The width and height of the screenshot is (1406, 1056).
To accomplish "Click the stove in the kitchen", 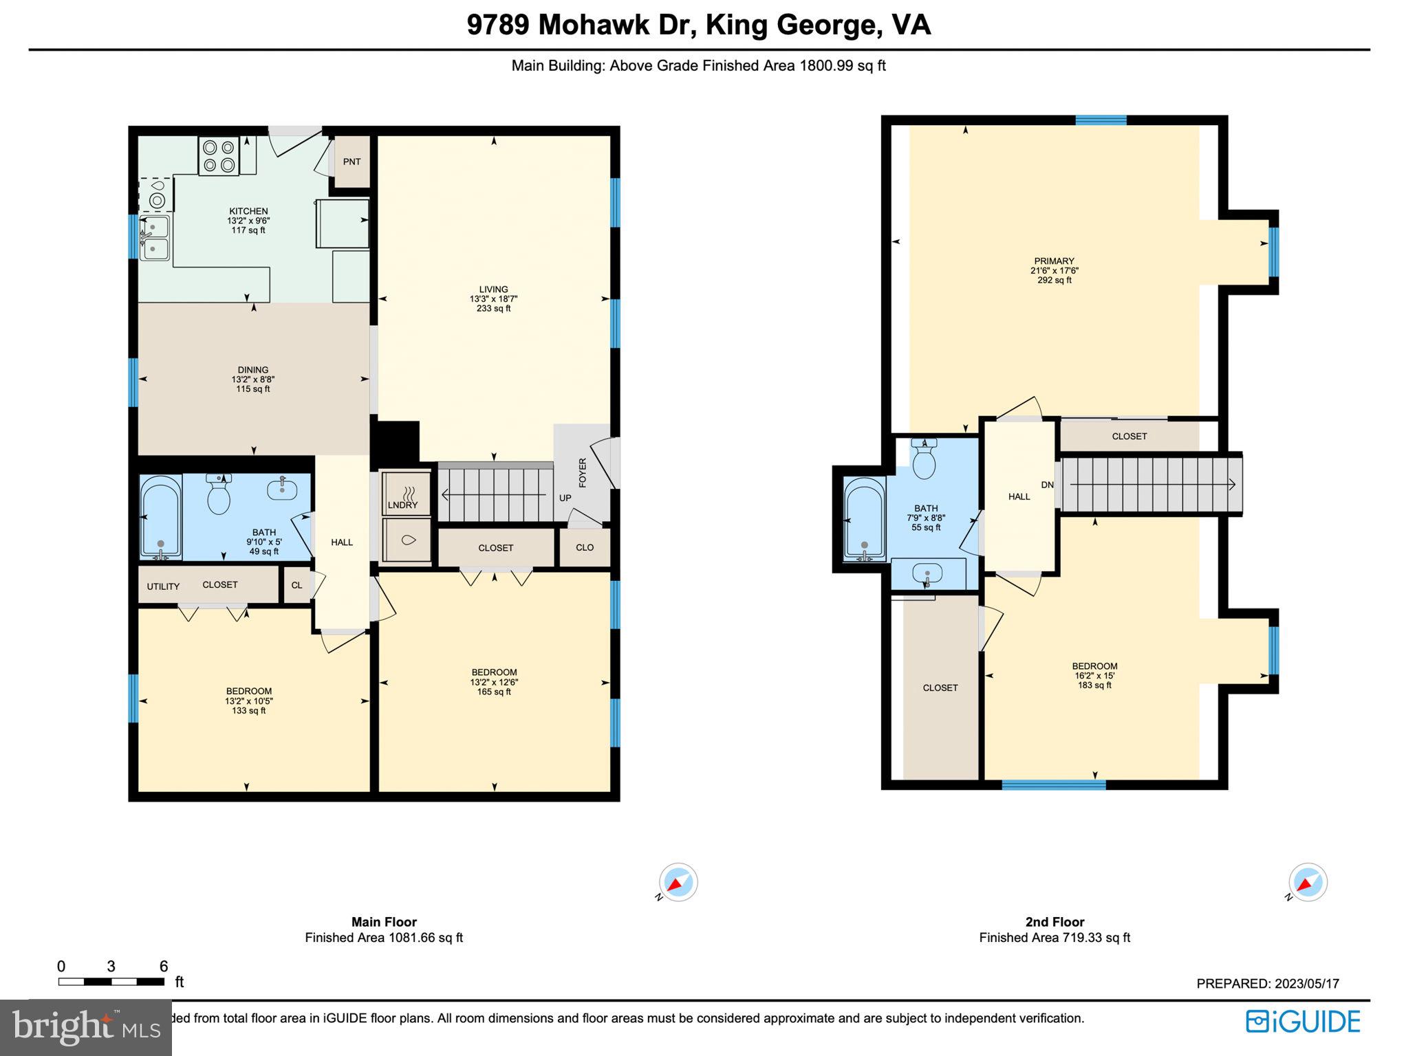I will point(219,156).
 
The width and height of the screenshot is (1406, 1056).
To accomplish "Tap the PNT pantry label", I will point(351,162).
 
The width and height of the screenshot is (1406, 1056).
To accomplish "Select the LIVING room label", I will point(493,289).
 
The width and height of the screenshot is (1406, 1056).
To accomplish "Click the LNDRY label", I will point(402,505).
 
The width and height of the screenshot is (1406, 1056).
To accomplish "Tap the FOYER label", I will point(583,473).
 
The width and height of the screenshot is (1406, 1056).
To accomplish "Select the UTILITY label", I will point(163,586).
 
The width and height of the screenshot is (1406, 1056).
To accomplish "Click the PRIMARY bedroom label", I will point(1054,261).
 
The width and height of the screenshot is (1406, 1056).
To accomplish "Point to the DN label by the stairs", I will point(1047,485).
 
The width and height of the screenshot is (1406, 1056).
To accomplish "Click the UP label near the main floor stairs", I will point(565,498).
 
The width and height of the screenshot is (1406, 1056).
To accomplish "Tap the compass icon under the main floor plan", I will point(678,882).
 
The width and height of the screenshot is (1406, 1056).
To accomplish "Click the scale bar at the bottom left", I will point(111,982).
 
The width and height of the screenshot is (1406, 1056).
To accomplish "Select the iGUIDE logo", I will point(1303,1022).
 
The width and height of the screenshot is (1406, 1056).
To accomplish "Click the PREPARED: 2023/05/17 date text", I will point(1267,984).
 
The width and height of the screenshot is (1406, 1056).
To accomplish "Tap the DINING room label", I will point(252,370).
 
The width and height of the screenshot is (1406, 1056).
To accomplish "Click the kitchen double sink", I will point(155,238).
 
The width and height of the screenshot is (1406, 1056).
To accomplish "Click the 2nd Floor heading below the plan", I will point(1054,922).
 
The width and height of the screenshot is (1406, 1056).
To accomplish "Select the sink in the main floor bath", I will point(282,489).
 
